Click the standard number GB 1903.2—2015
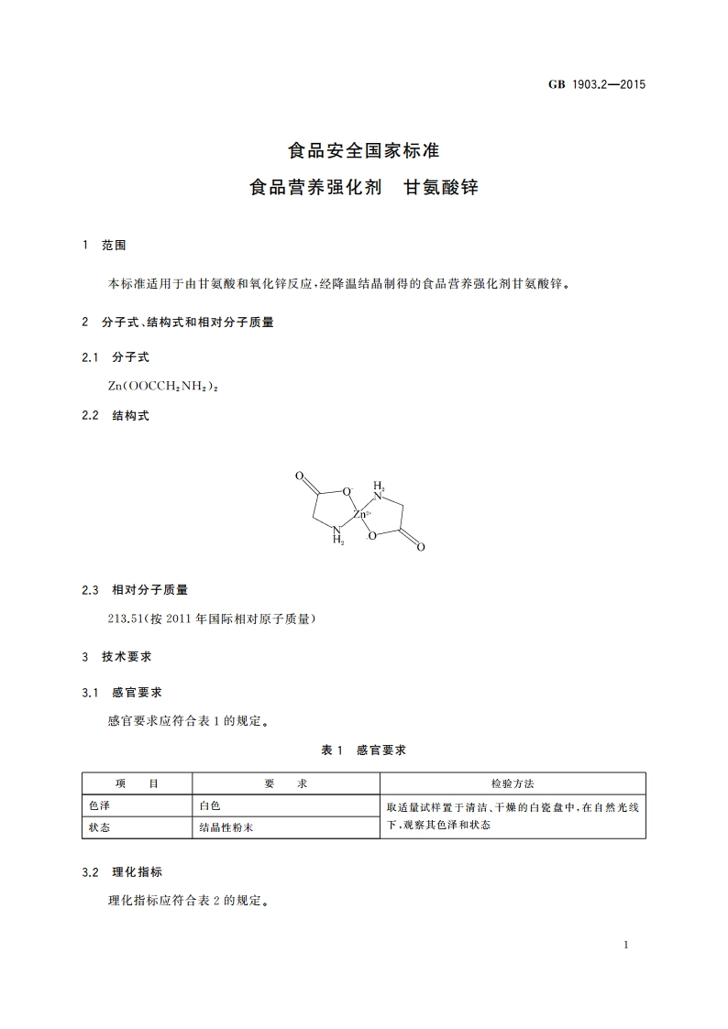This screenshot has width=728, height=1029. click(x=597, y=84)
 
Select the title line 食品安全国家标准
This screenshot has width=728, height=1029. click(x=364, y=149)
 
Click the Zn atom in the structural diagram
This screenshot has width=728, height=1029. click(x=360, y=517)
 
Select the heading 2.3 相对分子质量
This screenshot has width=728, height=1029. click(x=135, y=590)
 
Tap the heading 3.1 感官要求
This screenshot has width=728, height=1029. click(x=122, y=692)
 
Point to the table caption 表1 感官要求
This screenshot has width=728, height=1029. click(x=363, y=750)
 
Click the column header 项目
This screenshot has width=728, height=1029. click(x=137, y=784)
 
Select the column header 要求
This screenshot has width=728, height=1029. click(x=285, y=784)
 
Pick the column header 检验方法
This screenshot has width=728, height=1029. click(x=513, y=784)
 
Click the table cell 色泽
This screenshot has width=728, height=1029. click(x=100, y=806)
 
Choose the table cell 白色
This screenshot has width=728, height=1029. click(x=210, y=806)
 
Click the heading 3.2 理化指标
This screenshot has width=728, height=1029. click(x=122, y=871)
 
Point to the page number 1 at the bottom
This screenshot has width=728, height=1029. click(x=624, y=945)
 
